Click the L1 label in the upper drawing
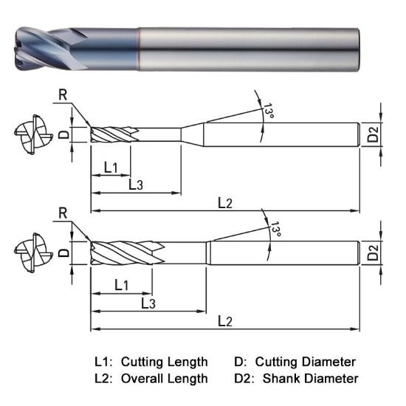pyautogui.click(x=111, y=168)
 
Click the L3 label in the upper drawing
pyautogui.click(x=136, y=185)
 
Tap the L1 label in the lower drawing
pyautogui.click(x=121, y=284)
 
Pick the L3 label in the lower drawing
pyautogui.click(x=147, y=303)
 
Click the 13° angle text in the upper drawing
pyautogui.click(x=269, y=112)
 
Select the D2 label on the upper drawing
pyautogui.click(x=374, y=135)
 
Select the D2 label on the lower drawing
pyautogui.click(x=374, y=253)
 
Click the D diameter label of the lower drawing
pyautogui.click(x=63, y=252)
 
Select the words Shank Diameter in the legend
pyautogui.click(x=310, y=378)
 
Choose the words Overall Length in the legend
pyautogui.click(x=164, y=378)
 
